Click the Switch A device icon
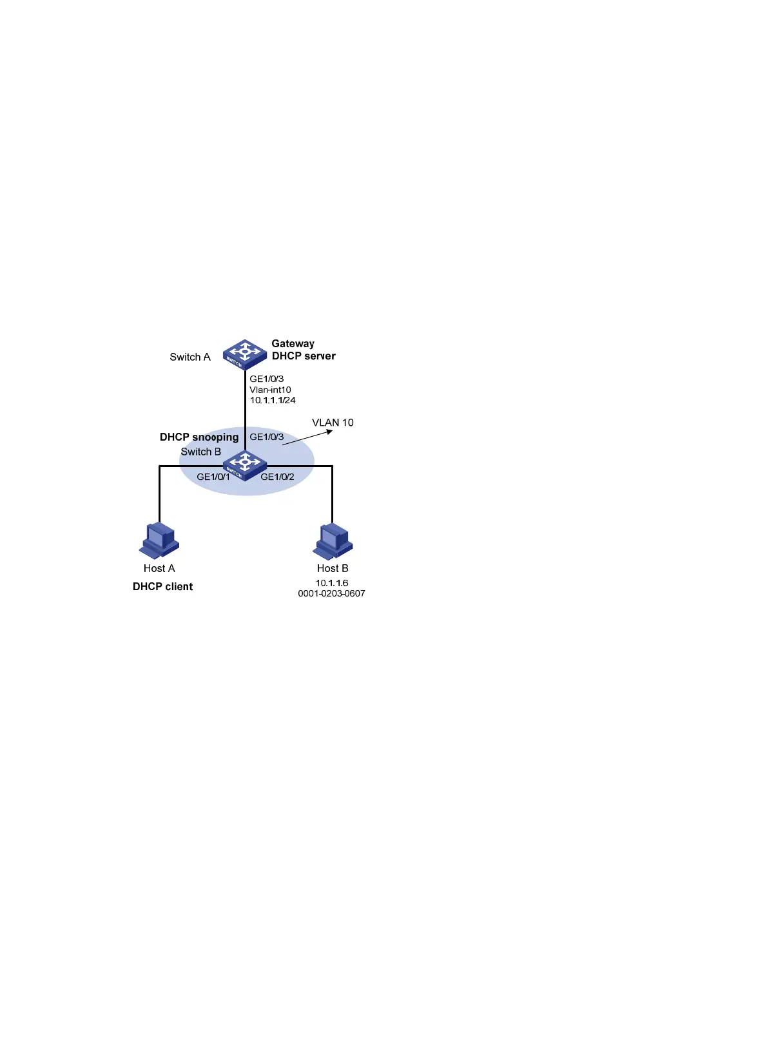pyautogui.click(x=245, y=354)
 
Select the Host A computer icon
pyautogui.click(x=159, y=540)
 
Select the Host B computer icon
pyautogui.click(x=333, y=541)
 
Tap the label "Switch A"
pyautogui.click(x=190, y=357)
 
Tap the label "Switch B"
pyautogui.click(x=200, y=452)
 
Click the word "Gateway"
pyautogui.click(x=293, y=343)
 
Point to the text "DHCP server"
pyautogui.click(x=304, y=356)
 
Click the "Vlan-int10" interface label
pyautogui.click(x=270, y=390)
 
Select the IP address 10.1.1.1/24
pyautogui.click(x=273, y=400)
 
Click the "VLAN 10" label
pyautogui.click(x=333, y=423)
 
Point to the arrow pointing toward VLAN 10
pyautogui.click(x=307, y=437)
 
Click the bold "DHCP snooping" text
pyautogui.click(x=199, y=437)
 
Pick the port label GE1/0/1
pyautogui.click(x=213, y=477)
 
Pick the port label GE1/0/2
pyautogui.click(x=277, y=477)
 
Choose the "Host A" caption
pyautogui.click(x=159, y=568)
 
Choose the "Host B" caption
pyautogui.click(x=333, y=568)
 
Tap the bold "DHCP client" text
pyautogui.click(x=162, y=586)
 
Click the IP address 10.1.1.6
pyautogui.click(x=332, y=583)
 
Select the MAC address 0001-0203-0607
pyautogui.click(x=331, y=593)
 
